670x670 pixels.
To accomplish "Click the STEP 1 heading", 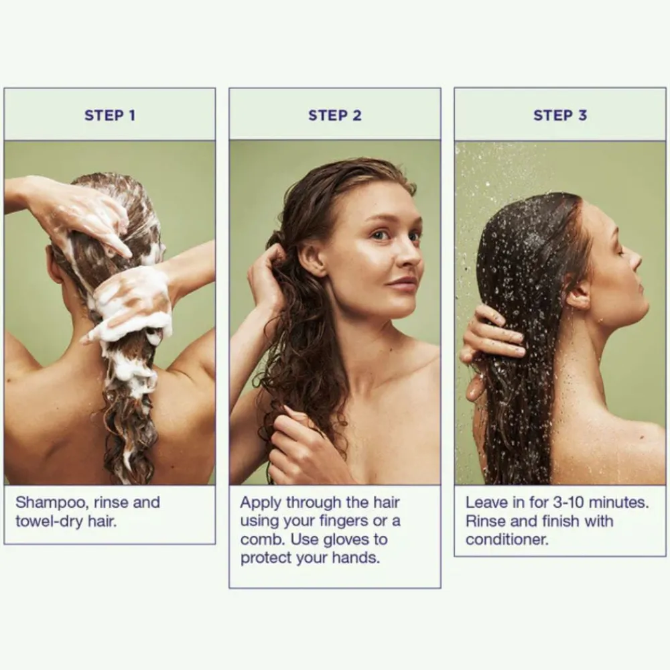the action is pyautogui.click(x=110, y=115).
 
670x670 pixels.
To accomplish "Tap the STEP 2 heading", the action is pyautogui.click(x=335, y=115).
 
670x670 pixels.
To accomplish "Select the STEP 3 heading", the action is pyautogui.click(x=560, y=115).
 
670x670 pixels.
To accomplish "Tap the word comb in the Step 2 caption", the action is pyautogui.click(x=263, y=539).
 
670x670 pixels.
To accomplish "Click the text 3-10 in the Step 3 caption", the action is pyautogui.click(x=568, y=503).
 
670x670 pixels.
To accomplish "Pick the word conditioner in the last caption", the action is pyautogui.click(x=507, y=539).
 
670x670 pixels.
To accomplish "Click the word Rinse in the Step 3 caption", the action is pyautogui.click(x=486, y=521).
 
